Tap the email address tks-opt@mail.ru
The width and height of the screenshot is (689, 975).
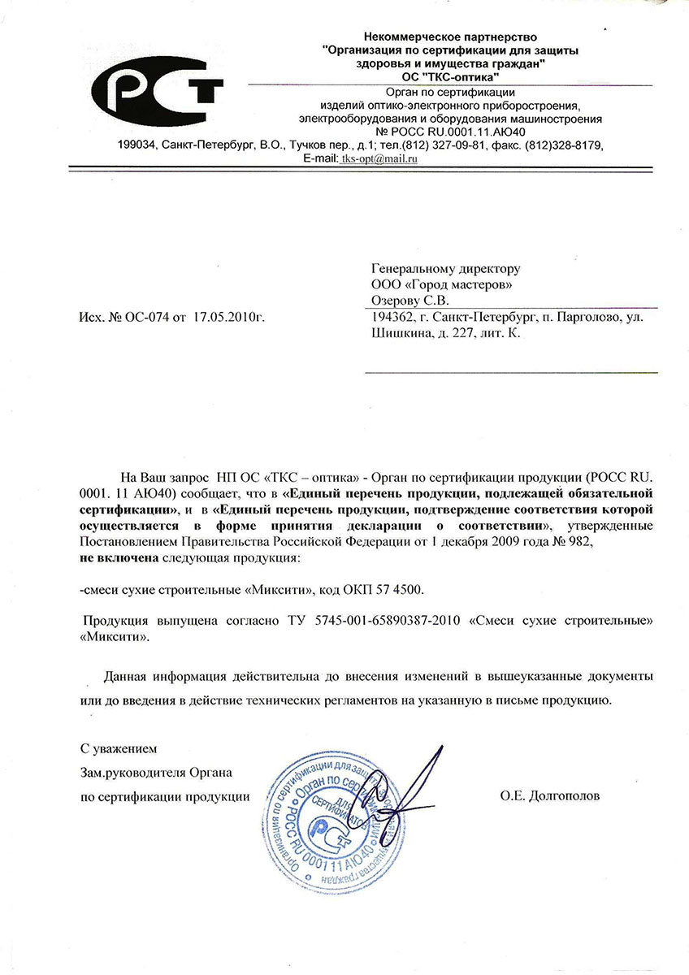click(x=379, y=159)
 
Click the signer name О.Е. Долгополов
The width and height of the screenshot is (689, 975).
click(x=550, y=796)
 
